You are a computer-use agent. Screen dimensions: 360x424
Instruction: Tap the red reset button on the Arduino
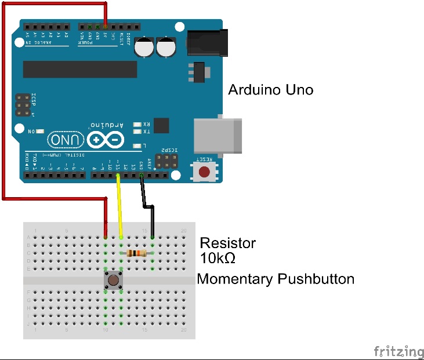pyautogui.click(x=204, y=172)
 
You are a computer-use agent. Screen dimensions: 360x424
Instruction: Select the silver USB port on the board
pyautogui.click(x=217, y=136)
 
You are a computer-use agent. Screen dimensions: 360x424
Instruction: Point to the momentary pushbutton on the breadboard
pyautogui.click(x=113, y=281)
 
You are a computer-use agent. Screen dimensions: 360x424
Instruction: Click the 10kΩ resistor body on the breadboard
pyautogui.click(x=136, y=253)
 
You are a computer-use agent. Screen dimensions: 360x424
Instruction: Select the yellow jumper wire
pyautogui.click(x=119, y=206)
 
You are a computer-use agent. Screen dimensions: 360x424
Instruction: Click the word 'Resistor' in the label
pyautogui.click(x=227, y=243)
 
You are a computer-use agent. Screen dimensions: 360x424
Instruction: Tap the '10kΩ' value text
pyautogui.click(x=218, y=258)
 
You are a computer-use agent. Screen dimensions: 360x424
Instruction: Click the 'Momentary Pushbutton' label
pyautogui.click(x=276, y=279)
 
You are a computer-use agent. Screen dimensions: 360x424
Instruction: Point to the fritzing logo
pyautogui.click(x=398, y=351)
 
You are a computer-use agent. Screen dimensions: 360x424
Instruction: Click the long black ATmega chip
pyautogui.click(x=80, y=69)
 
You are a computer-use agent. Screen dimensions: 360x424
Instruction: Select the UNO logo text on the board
pyautogui.click(x=64, y=140)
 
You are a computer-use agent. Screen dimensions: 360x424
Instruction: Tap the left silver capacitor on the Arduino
pyautogui.click(x=144, y=48)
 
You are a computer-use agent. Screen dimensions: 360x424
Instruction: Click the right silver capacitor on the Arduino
pyautogui.click(x=166, y=48)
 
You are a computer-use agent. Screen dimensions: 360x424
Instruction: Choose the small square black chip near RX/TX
pyautogui.click(x=161, y=125)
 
